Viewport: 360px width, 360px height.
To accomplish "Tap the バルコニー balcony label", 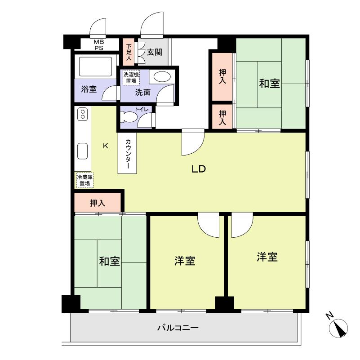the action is tap(178, 328).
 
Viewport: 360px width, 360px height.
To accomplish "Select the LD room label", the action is tap(199, 169).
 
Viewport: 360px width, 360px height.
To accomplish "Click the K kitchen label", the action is tap(106, 146).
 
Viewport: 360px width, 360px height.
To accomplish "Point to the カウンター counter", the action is tap(128, 153).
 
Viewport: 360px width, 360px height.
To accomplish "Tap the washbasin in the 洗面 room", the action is tap(162, 76).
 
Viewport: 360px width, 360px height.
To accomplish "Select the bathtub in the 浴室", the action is tap(95, 67).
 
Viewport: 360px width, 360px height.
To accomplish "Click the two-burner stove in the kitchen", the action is tap(83, 114).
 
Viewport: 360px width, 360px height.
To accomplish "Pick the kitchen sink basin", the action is tap(82, 151).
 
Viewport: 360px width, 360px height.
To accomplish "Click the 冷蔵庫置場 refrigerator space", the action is tap(85, 180).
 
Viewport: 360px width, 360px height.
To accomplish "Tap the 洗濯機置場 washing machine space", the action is tap(131, 78).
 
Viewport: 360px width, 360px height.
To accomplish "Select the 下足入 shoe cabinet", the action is tap(129, 52).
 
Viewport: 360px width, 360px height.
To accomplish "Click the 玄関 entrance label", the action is tap(155, 52).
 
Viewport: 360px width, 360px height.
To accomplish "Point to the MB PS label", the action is tap(99, 45).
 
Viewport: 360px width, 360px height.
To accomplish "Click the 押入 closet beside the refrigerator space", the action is tap(98, 203).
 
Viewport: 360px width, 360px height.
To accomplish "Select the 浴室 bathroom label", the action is tap(89, 89).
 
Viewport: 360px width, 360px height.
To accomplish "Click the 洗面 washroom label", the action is tap(143, 92).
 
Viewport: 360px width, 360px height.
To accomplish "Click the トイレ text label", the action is tap(142, 109).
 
